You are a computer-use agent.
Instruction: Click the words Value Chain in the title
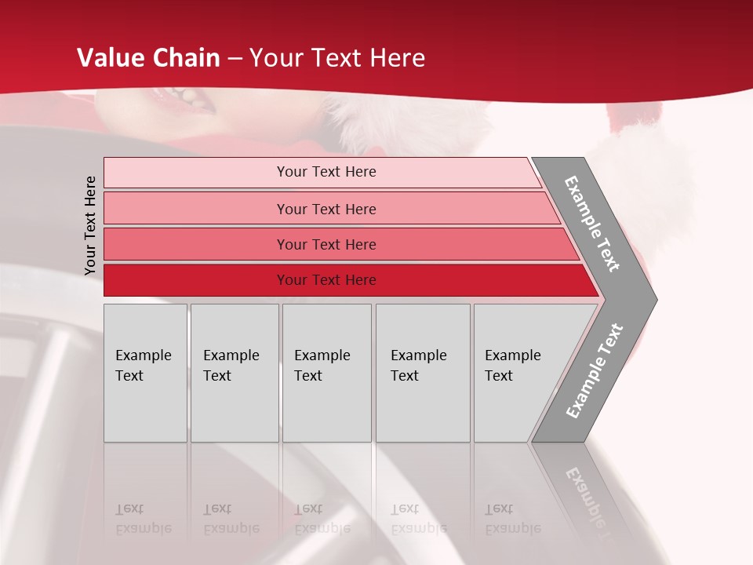click(148, 58)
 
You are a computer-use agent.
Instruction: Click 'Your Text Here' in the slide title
click(337, 58)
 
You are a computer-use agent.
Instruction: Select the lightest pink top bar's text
click(326, 172)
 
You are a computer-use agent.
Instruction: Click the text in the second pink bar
click(326, 210)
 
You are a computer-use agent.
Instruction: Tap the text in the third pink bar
click(326, 245)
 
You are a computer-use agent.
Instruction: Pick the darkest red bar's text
click(326, 280)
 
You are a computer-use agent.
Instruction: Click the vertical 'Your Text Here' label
click(90, 225)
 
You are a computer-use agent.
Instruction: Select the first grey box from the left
click(144, 373)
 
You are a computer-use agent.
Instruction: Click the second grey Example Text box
click(234, 373)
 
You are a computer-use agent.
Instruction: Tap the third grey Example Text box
click(326, 373)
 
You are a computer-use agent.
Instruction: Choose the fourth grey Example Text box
click(422, 373)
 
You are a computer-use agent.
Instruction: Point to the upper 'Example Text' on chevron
click(592, 224)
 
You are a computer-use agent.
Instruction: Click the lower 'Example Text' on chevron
click(595, 371)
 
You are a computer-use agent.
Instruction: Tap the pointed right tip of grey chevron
click(653, 299)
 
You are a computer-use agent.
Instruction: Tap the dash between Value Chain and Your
click(234, 59)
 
